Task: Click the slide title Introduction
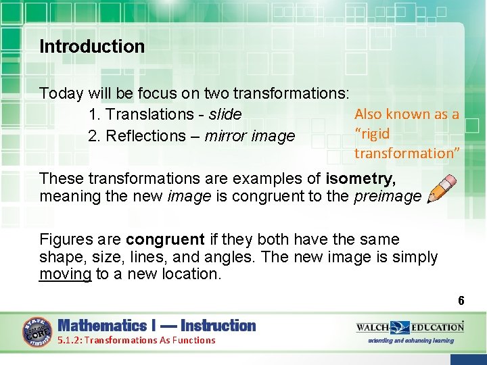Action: point(92,47)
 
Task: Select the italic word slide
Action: point(225,115)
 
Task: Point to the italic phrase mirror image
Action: point(250,136)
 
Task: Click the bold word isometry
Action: point(361,179)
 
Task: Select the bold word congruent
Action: point(164,240)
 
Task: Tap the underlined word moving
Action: point(65,274)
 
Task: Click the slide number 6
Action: point(461,301)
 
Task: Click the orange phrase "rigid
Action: point(372,133)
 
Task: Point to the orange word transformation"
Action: point(407,153)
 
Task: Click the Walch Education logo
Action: point(410,327)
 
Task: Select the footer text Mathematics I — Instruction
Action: point(157,326)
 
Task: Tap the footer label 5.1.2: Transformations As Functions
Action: point(137,340)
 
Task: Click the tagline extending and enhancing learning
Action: point(411,341)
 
